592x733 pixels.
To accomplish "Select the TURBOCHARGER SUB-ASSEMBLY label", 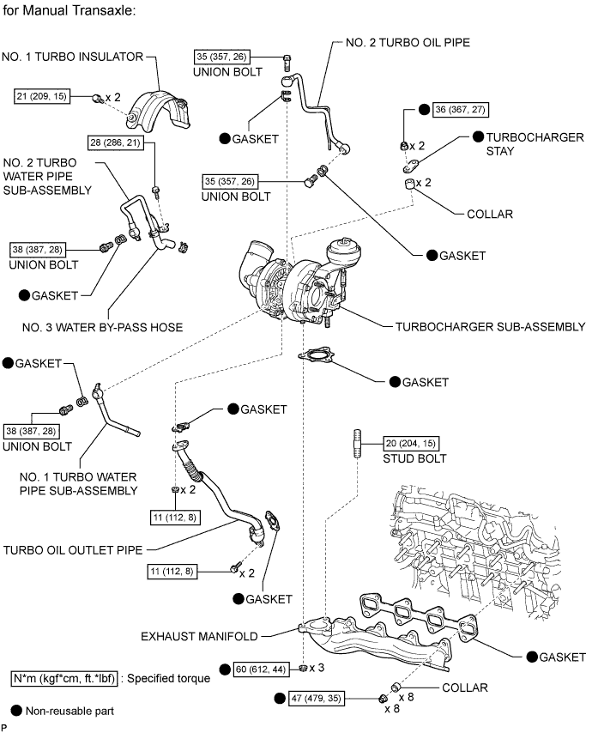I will click(x=490, y=327).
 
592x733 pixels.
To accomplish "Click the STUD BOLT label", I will click(x=408, y=458).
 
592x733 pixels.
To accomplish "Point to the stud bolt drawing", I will click(x=353, y=447).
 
